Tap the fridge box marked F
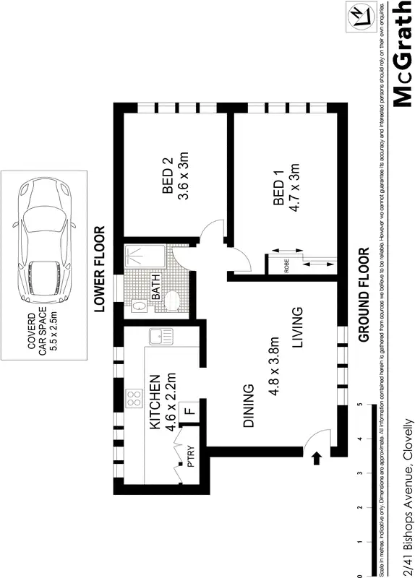[189, 411]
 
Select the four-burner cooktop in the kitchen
[134, 398]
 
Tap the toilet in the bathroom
[173, 301]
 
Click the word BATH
[155, 288]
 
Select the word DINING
[248, 406]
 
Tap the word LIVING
[297, 329]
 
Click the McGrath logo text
[402, 56]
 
